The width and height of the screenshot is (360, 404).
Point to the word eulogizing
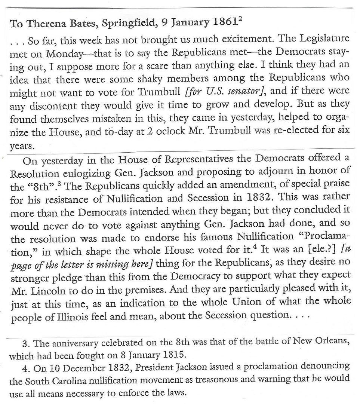pyautogui.click(x=83, y=174)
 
